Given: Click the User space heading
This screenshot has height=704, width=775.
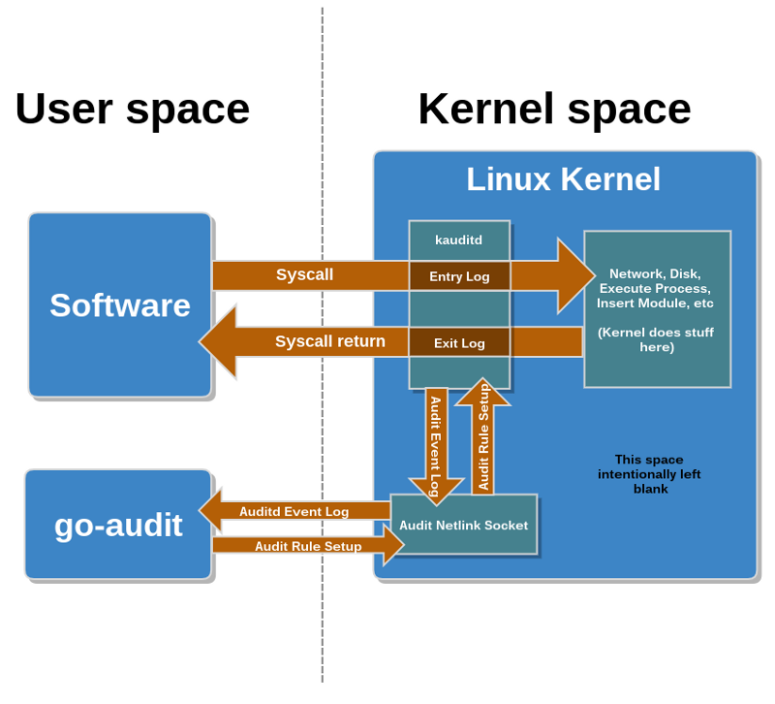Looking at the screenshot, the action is (133, 111).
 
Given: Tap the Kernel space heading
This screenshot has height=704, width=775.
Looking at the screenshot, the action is (554, 111).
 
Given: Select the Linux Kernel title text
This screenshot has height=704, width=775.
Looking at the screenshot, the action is (564, 179).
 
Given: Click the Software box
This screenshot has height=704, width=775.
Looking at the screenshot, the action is (120, 304).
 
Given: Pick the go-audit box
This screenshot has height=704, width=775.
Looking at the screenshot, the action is (118, 525).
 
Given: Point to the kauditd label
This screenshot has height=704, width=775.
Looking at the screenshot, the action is (458, 240).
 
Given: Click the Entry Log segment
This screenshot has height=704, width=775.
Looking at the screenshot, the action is (459, 276).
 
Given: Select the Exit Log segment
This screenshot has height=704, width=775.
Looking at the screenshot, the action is (459, 343).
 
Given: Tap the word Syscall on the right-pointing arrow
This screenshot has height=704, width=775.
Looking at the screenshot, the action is (304, 274).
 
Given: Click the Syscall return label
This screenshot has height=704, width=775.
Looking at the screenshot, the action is (330, 341).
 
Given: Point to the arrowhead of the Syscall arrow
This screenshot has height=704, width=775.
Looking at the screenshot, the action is (594, 275).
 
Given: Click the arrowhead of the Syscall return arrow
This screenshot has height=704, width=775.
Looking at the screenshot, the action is (200, 341).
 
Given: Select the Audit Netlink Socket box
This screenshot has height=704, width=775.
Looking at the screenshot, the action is (464, 525).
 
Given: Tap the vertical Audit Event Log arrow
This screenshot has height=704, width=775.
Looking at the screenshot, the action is (437, 446).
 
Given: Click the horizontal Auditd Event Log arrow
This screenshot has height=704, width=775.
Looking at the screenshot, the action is (294, 511).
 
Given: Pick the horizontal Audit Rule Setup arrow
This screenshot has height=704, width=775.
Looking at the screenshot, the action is (308, 546).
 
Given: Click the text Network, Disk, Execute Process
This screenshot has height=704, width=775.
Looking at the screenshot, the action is (655, 281).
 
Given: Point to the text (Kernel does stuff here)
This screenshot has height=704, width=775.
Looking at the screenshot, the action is (656, 339).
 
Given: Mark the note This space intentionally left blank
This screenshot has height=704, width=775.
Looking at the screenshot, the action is (649, 474).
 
